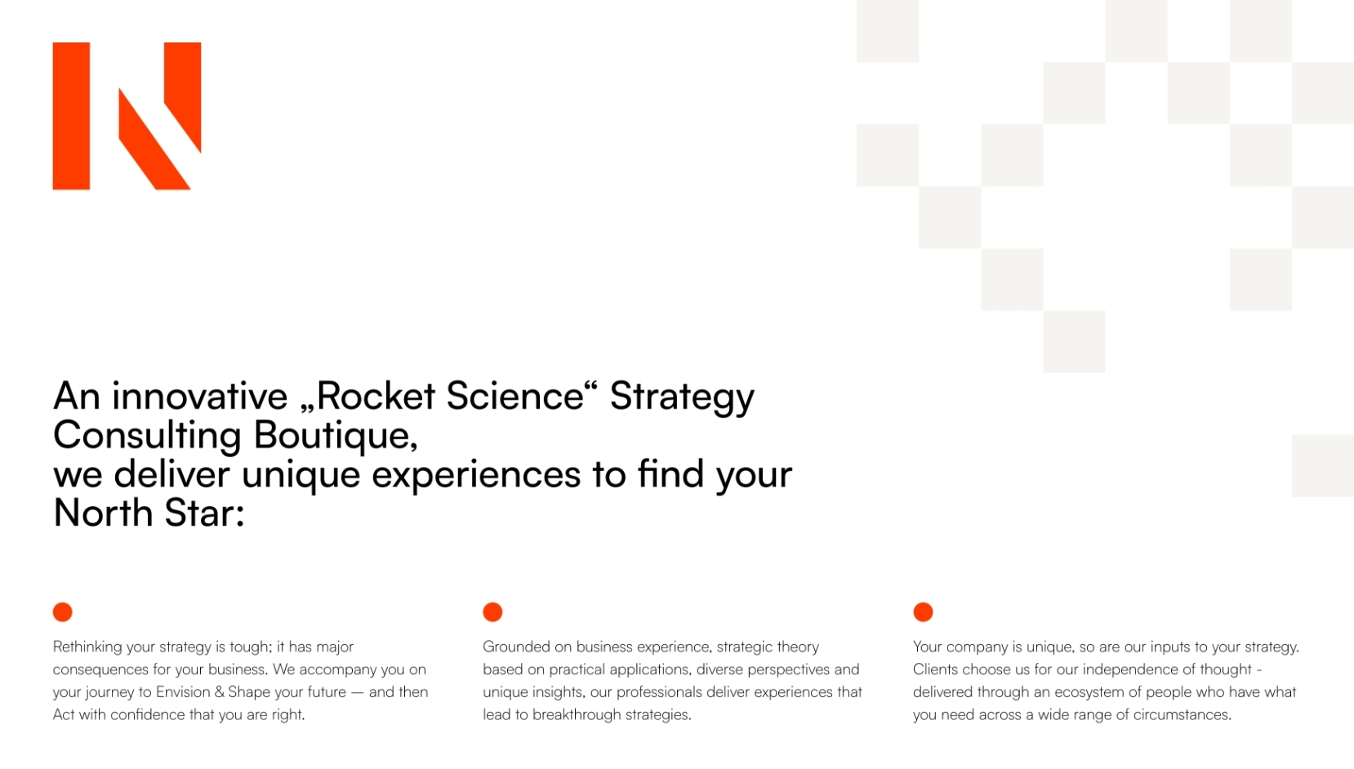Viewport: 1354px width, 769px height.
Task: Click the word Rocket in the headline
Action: tap(375, 396)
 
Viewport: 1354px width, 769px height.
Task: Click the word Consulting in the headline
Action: tap(147, 436)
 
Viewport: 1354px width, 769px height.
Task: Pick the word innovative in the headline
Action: tap(199, 396)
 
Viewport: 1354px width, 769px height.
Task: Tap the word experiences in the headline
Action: tap(476, 476)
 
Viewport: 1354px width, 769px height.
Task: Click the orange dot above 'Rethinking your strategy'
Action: tap(62, 612)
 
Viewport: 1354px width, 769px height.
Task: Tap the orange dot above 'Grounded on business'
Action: tap(492, 612)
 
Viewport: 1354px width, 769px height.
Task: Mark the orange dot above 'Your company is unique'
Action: tap(923, 612)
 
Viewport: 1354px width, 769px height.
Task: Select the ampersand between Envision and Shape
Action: tap(220, 691)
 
